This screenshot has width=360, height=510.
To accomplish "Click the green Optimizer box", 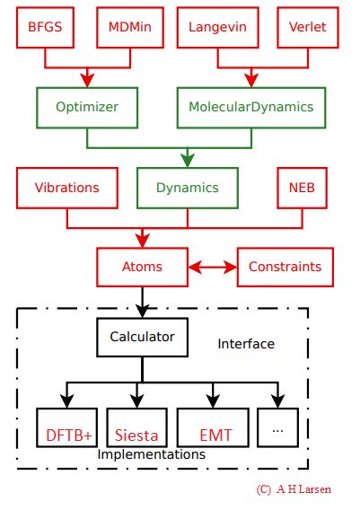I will pyautogui.click(x=88, y=106).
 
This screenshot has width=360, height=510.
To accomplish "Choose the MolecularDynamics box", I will pyautogui.click(x=251, y=106).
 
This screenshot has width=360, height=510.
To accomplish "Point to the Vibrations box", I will pyautogui.click(x=66, y=189).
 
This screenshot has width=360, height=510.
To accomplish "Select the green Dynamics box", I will pyautogui.click(x=187, y=189).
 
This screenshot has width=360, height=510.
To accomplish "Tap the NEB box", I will pyautogui.click(x=302, y=189).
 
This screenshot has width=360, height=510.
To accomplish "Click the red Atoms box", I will pyautogui.click(x=142, y=267).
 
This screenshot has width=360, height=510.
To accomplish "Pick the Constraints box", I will pyautogui.click(x=285, y=267).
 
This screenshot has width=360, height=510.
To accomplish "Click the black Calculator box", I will pyautogui.click(x=142, y=338).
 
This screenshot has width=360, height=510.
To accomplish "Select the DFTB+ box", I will pyautogui.click(x=68, y=435).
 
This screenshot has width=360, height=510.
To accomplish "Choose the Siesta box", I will pyautogui.click(x=136, y=435).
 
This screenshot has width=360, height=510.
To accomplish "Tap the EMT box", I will pyautogui.click(x=215, y=435).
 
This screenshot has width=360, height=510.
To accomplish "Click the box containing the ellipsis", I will pyautogui.click(x=277, y=430).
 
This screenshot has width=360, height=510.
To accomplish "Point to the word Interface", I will pyautogui.click(x=246, y=344).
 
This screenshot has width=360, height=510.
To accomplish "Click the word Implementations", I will pyautogui.click(x=151, y=455).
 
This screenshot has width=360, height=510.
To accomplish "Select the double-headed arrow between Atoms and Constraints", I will pyautogui.click(x=212, y=267).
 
